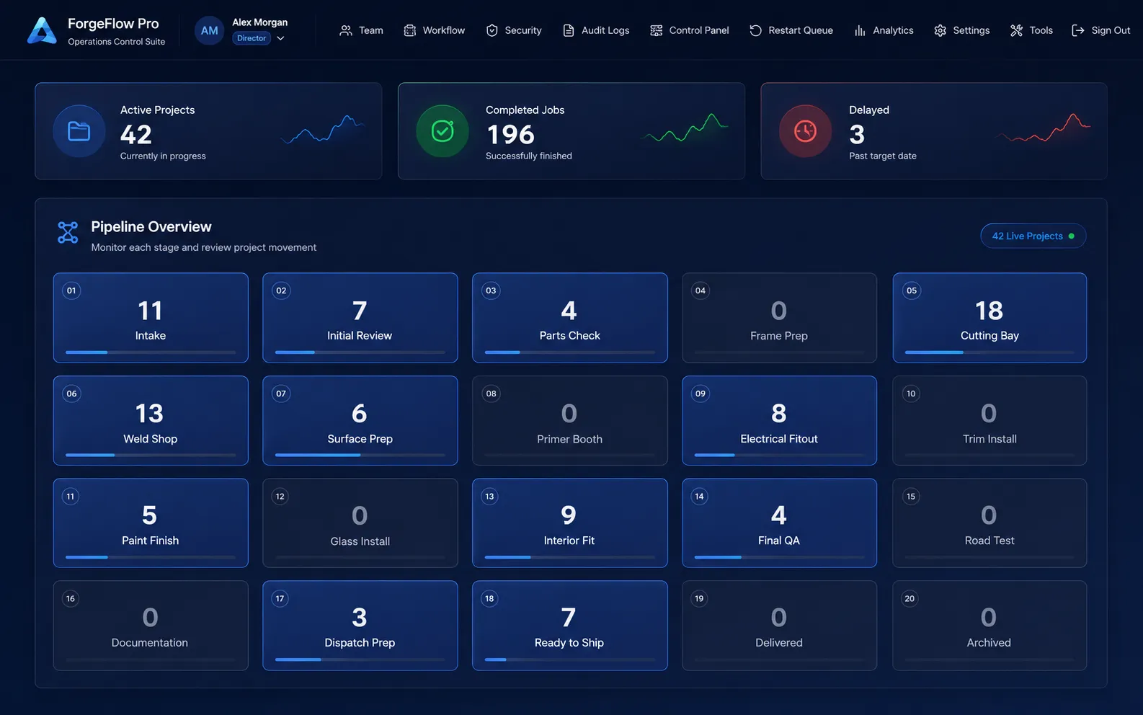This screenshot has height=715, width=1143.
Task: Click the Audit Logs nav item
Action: click(x=596, y=30)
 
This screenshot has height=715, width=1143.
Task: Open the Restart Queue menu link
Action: click(x=791, y=30)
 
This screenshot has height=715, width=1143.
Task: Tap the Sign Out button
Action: click(x=1100, y=30)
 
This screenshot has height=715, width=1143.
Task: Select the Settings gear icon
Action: click(x=940, y=30)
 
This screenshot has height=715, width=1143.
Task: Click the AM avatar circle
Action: click(x=209, y=30)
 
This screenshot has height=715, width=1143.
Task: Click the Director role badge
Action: click(x=252, y=38)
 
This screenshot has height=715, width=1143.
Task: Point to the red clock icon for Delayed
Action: click(x=805, y=131)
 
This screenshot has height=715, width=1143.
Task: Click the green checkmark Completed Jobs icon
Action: click(x=442, y=131)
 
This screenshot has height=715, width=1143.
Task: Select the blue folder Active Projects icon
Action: click(x=79, y=131)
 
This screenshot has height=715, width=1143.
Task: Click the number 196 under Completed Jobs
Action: click(x=510, y=135)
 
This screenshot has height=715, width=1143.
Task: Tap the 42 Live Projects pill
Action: click(x=1033, y=236)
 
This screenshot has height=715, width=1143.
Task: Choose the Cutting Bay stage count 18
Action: click(x=989, y=311)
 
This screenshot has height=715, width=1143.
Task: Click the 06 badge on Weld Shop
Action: click(x=71, y=394)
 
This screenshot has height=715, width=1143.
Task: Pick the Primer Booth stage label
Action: click(x=569, y=439)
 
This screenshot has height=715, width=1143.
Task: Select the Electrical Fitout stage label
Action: click(x=778, y=439)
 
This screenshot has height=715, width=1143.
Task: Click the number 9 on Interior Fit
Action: click(x=569, y=515)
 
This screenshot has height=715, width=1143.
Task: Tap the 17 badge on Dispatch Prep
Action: click(x=280, y=599)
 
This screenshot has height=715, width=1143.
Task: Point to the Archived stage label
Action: click(x=989, y=642)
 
